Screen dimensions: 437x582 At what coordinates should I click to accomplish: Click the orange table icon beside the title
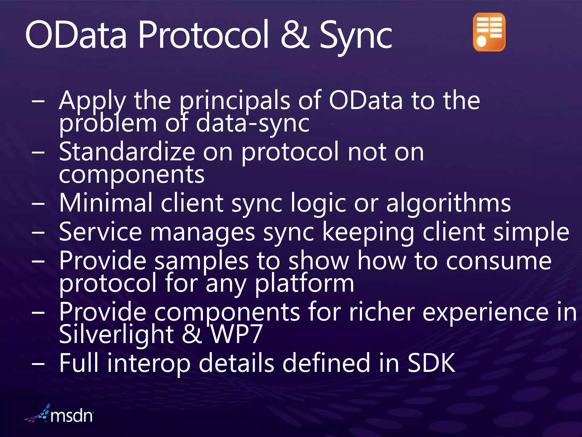click(x=489, y=32)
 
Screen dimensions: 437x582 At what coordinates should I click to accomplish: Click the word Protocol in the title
click(x=203, y=36)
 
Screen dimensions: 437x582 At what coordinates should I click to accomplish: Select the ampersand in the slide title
click(x=295, y=36)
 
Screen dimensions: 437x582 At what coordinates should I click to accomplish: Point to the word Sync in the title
click(x=356, y=37)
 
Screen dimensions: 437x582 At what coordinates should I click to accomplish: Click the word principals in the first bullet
click(x=235, y=101)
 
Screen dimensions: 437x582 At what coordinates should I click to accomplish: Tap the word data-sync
click(x=252, y=124)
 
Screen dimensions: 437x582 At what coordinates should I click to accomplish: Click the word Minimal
click(x=106, y=203)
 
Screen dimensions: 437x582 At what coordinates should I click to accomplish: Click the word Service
click(x=100, y=232)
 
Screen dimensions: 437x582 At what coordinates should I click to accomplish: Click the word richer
click(x=382, y=312)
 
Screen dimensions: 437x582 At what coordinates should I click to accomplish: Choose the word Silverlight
click(x=116, y=335)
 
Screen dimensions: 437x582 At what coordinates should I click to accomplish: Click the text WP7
click(x=236, y=335)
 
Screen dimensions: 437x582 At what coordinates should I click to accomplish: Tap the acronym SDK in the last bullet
click(x=431, y=363)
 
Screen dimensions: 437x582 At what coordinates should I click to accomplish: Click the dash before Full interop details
click(x=38, y=364)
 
